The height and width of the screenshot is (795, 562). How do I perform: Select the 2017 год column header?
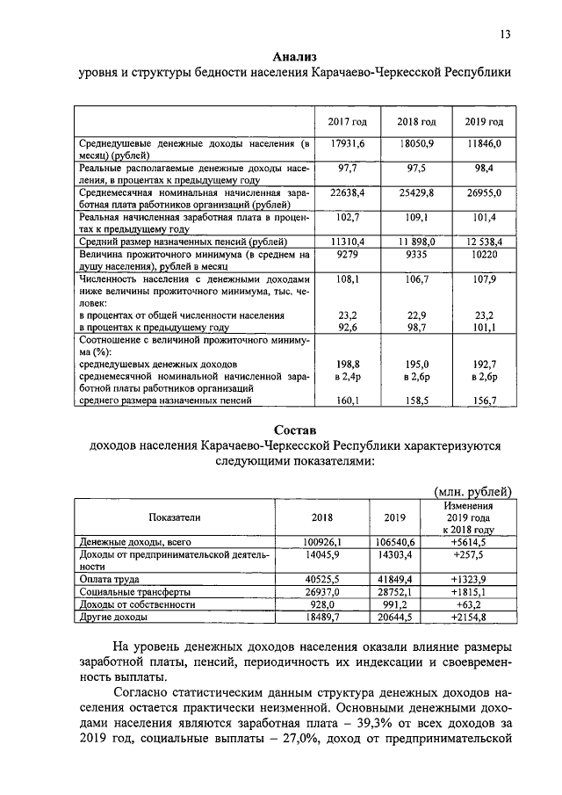(347, 120)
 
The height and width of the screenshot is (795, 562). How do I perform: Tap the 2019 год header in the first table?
(484, 120)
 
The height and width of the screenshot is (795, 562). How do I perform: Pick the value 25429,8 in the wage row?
(416, 192)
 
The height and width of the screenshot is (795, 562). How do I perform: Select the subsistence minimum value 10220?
(484, 253)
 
